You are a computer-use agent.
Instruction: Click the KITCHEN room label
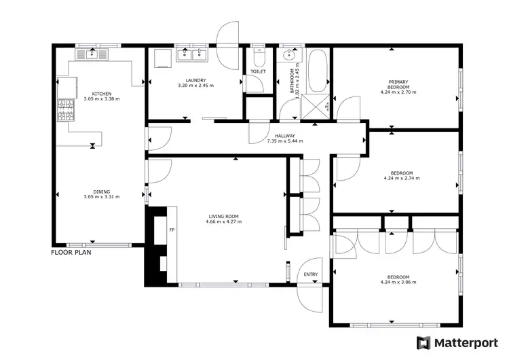[102, 94]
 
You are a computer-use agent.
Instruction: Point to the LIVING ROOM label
[223, 216]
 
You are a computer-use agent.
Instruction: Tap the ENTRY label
[310, 274]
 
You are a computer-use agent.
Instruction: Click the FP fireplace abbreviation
[172, 230]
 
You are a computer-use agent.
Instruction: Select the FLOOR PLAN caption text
[71, 252]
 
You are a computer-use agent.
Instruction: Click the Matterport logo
[455, 342]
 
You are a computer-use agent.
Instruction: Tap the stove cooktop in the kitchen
[67, 110]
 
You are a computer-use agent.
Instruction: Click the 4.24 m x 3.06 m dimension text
[398, 282]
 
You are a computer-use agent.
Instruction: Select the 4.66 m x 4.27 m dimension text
[223, 221]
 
